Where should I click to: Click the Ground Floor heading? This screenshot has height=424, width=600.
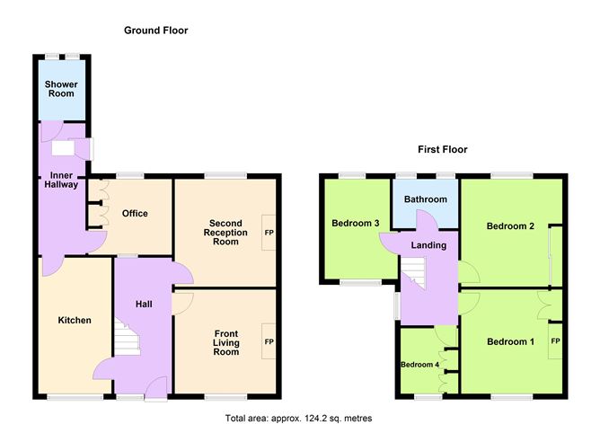155,31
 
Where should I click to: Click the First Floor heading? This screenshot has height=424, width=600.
442,149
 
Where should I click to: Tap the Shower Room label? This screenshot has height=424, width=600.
61,89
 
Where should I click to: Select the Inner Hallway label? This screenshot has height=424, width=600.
61,179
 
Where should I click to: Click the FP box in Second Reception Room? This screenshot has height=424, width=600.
269,232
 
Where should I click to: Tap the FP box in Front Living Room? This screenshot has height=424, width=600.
269,341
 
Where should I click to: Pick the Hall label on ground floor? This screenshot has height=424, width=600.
144,305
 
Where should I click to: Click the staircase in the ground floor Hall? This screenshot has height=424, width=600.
128,340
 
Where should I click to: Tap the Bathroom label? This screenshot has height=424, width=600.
425,199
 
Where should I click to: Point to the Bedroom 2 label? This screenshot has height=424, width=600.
510,226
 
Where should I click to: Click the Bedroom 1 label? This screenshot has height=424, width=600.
510,341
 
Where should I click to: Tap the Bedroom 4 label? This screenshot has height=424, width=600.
419,364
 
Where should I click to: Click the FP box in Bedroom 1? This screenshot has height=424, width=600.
555,341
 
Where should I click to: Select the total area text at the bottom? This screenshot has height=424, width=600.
297,418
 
